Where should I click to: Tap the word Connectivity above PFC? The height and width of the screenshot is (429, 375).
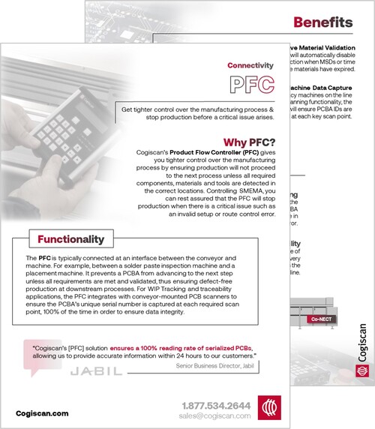[x=251, y=65]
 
